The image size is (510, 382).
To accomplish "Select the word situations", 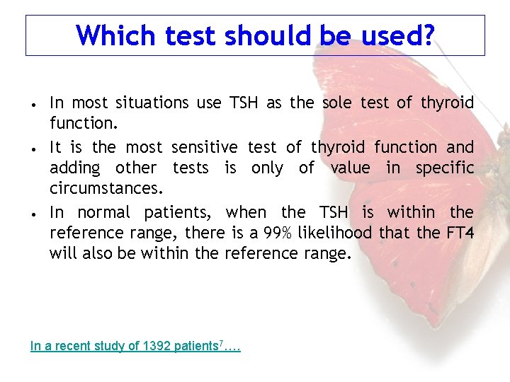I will point(149,103).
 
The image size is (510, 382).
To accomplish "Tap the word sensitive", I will point(205,147).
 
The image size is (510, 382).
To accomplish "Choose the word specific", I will point(443,168).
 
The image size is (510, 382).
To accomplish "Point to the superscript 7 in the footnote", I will point(221,343).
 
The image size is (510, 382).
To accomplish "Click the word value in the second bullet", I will point(350,168).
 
